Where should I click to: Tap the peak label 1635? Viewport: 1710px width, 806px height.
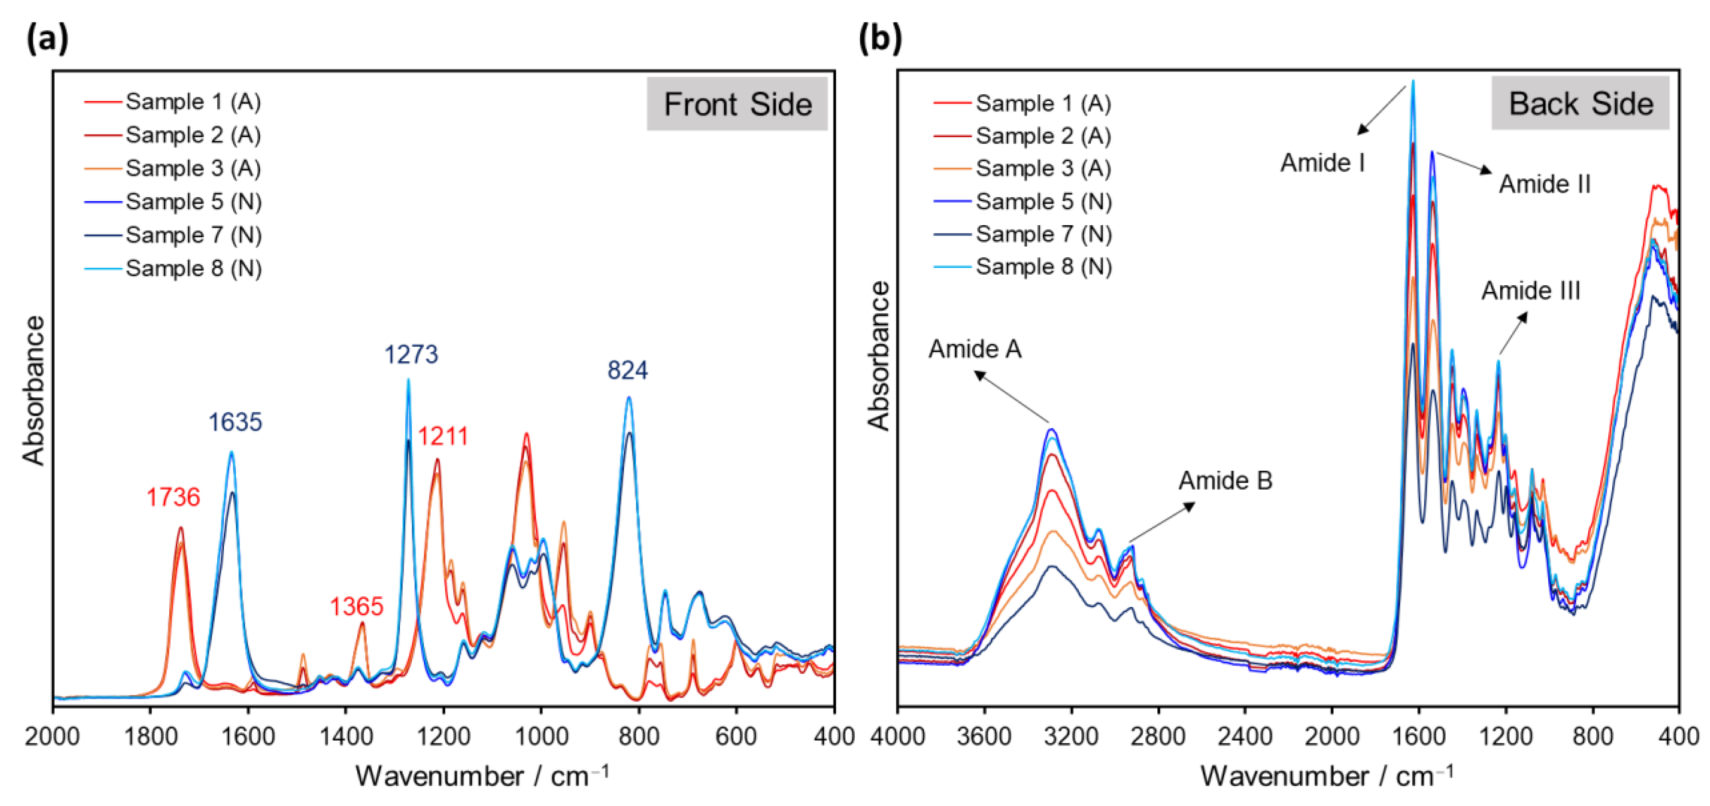[235, 422]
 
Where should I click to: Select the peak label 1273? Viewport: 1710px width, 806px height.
[411, 355]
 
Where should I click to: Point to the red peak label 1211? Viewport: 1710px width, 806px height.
[443, 437]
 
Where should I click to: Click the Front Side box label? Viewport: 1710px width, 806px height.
[737, 104]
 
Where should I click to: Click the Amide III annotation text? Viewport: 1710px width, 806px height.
[1531, 291]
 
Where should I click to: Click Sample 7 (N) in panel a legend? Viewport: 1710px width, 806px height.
[193, 235]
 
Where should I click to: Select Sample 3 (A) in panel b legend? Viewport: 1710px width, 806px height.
[1043, 169]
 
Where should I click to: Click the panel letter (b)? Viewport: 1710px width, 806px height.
[880, 39]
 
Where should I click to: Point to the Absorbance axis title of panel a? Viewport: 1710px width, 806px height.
[33, 391]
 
